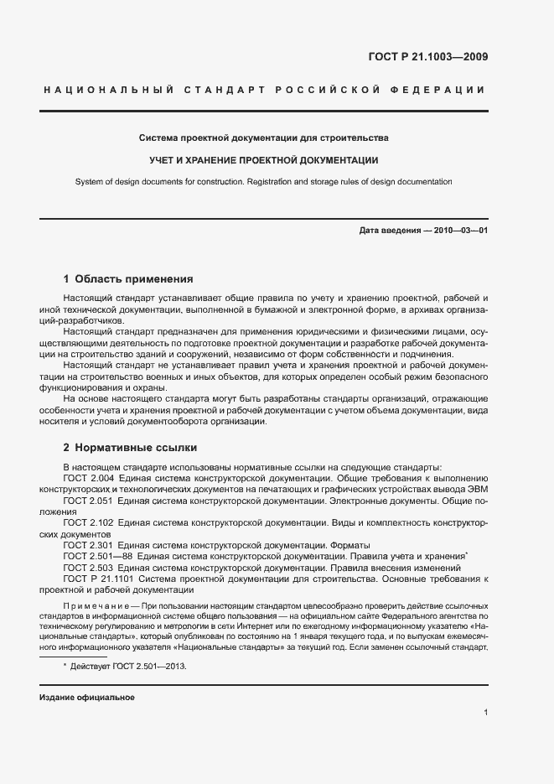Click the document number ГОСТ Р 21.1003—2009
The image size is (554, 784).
pyautogui.click(x=427, y=58)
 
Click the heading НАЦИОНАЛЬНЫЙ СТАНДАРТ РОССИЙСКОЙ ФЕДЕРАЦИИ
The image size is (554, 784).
pyautogui.click(x=263, y=90)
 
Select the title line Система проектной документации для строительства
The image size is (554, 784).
pyautogui.click(x=263, y=137)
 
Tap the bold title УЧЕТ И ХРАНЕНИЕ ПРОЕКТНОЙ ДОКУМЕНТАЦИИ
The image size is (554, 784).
pyautogui.click(x=263, y=159)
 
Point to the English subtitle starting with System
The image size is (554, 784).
pyautogui.click(x=263, y=181)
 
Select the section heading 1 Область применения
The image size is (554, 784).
pyautogui.click(x=128, y=279)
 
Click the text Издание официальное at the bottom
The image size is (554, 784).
pyautogui.click(x=86, y=698)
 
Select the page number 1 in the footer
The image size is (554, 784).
pyautogui.click(x=486, y=713)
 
